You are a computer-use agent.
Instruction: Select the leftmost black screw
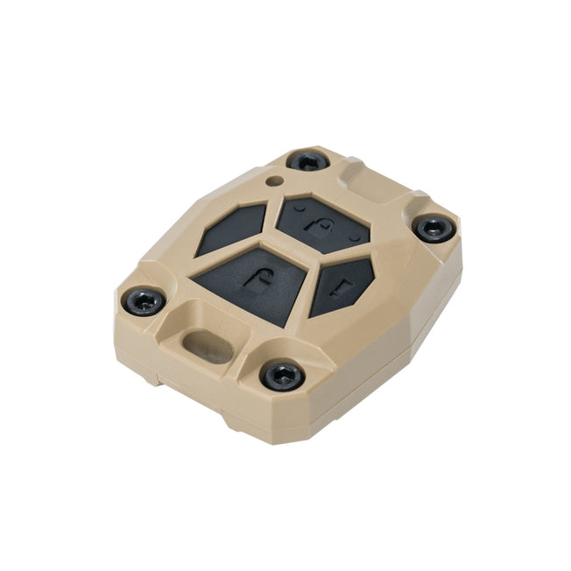tap(144, 302)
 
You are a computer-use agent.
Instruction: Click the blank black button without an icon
tap(231, 229)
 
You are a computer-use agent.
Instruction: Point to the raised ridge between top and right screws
tap(368, 175)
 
